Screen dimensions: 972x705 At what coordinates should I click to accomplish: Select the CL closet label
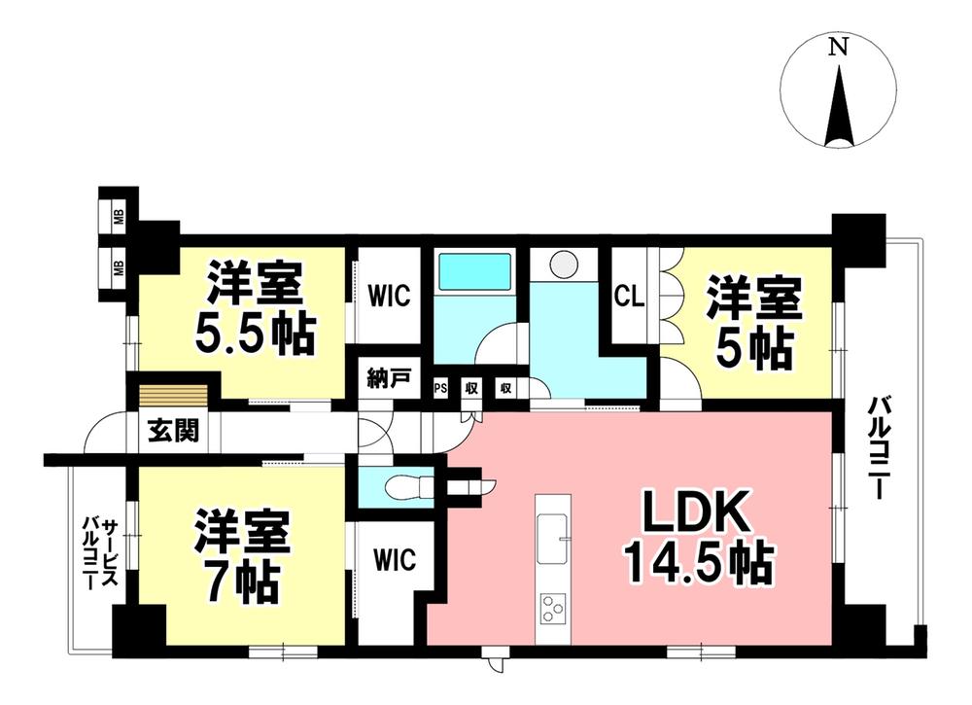(629, 296)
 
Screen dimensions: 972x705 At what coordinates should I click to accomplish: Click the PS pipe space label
(441, 388)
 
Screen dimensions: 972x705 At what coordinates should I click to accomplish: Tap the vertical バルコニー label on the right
(881, 447)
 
